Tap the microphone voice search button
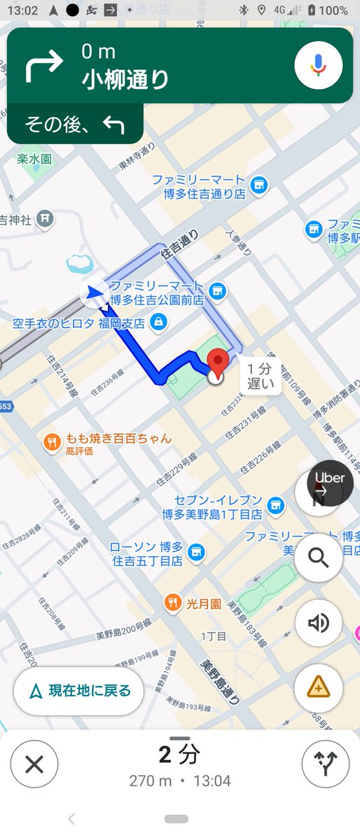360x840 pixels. click(318, 65)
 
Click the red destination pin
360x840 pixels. click(219, 363)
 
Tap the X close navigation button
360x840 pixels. click(34, 764)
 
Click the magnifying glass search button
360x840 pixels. click(319, 558)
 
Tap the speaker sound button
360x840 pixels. click(319, 622)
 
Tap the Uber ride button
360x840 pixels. click(331, 483)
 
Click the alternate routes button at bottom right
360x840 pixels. click(325, 764)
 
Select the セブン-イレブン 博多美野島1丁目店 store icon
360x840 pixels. click(277, 504)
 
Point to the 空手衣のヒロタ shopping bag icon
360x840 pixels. click(159, 323)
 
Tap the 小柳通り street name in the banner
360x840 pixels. click(125, 79)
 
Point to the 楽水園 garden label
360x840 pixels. click(35, 159)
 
